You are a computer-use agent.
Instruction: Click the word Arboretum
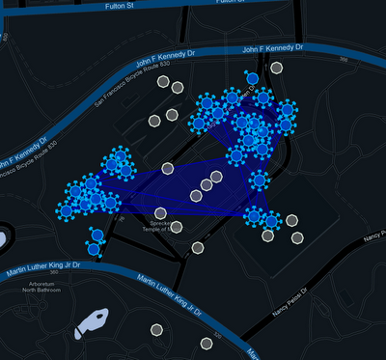(x=40, y=282)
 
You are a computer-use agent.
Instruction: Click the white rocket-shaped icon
(x=92, y=320)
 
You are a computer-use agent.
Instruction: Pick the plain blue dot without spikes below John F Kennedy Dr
(x=253, y=78)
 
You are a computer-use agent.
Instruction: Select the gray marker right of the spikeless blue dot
(x=277, y=69)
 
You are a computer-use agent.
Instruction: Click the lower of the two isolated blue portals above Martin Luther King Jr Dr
(x=94, y=249)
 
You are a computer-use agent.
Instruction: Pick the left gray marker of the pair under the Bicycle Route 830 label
(x=164, y=82)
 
